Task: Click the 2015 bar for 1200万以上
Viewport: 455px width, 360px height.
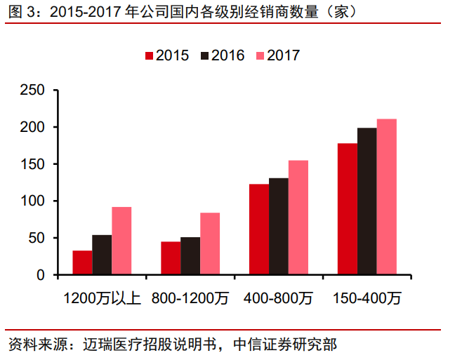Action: point(83,262)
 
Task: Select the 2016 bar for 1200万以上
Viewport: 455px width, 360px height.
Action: point(102,255)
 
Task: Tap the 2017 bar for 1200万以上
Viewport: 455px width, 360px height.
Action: point(121,241)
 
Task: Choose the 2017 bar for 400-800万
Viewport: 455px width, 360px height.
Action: point(298,218)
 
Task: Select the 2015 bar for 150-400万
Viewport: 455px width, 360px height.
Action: point(348,209)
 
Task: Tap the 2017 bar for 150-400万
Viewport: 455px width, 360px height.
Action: point(387,197)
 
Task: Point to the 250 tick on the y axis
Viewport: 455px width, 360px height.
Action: point(32,91)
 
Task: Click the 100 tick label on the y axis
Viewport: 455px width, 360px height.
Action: point(32,201)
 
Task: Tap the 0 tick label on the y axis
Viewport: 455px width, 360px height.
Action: point(41,275)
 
